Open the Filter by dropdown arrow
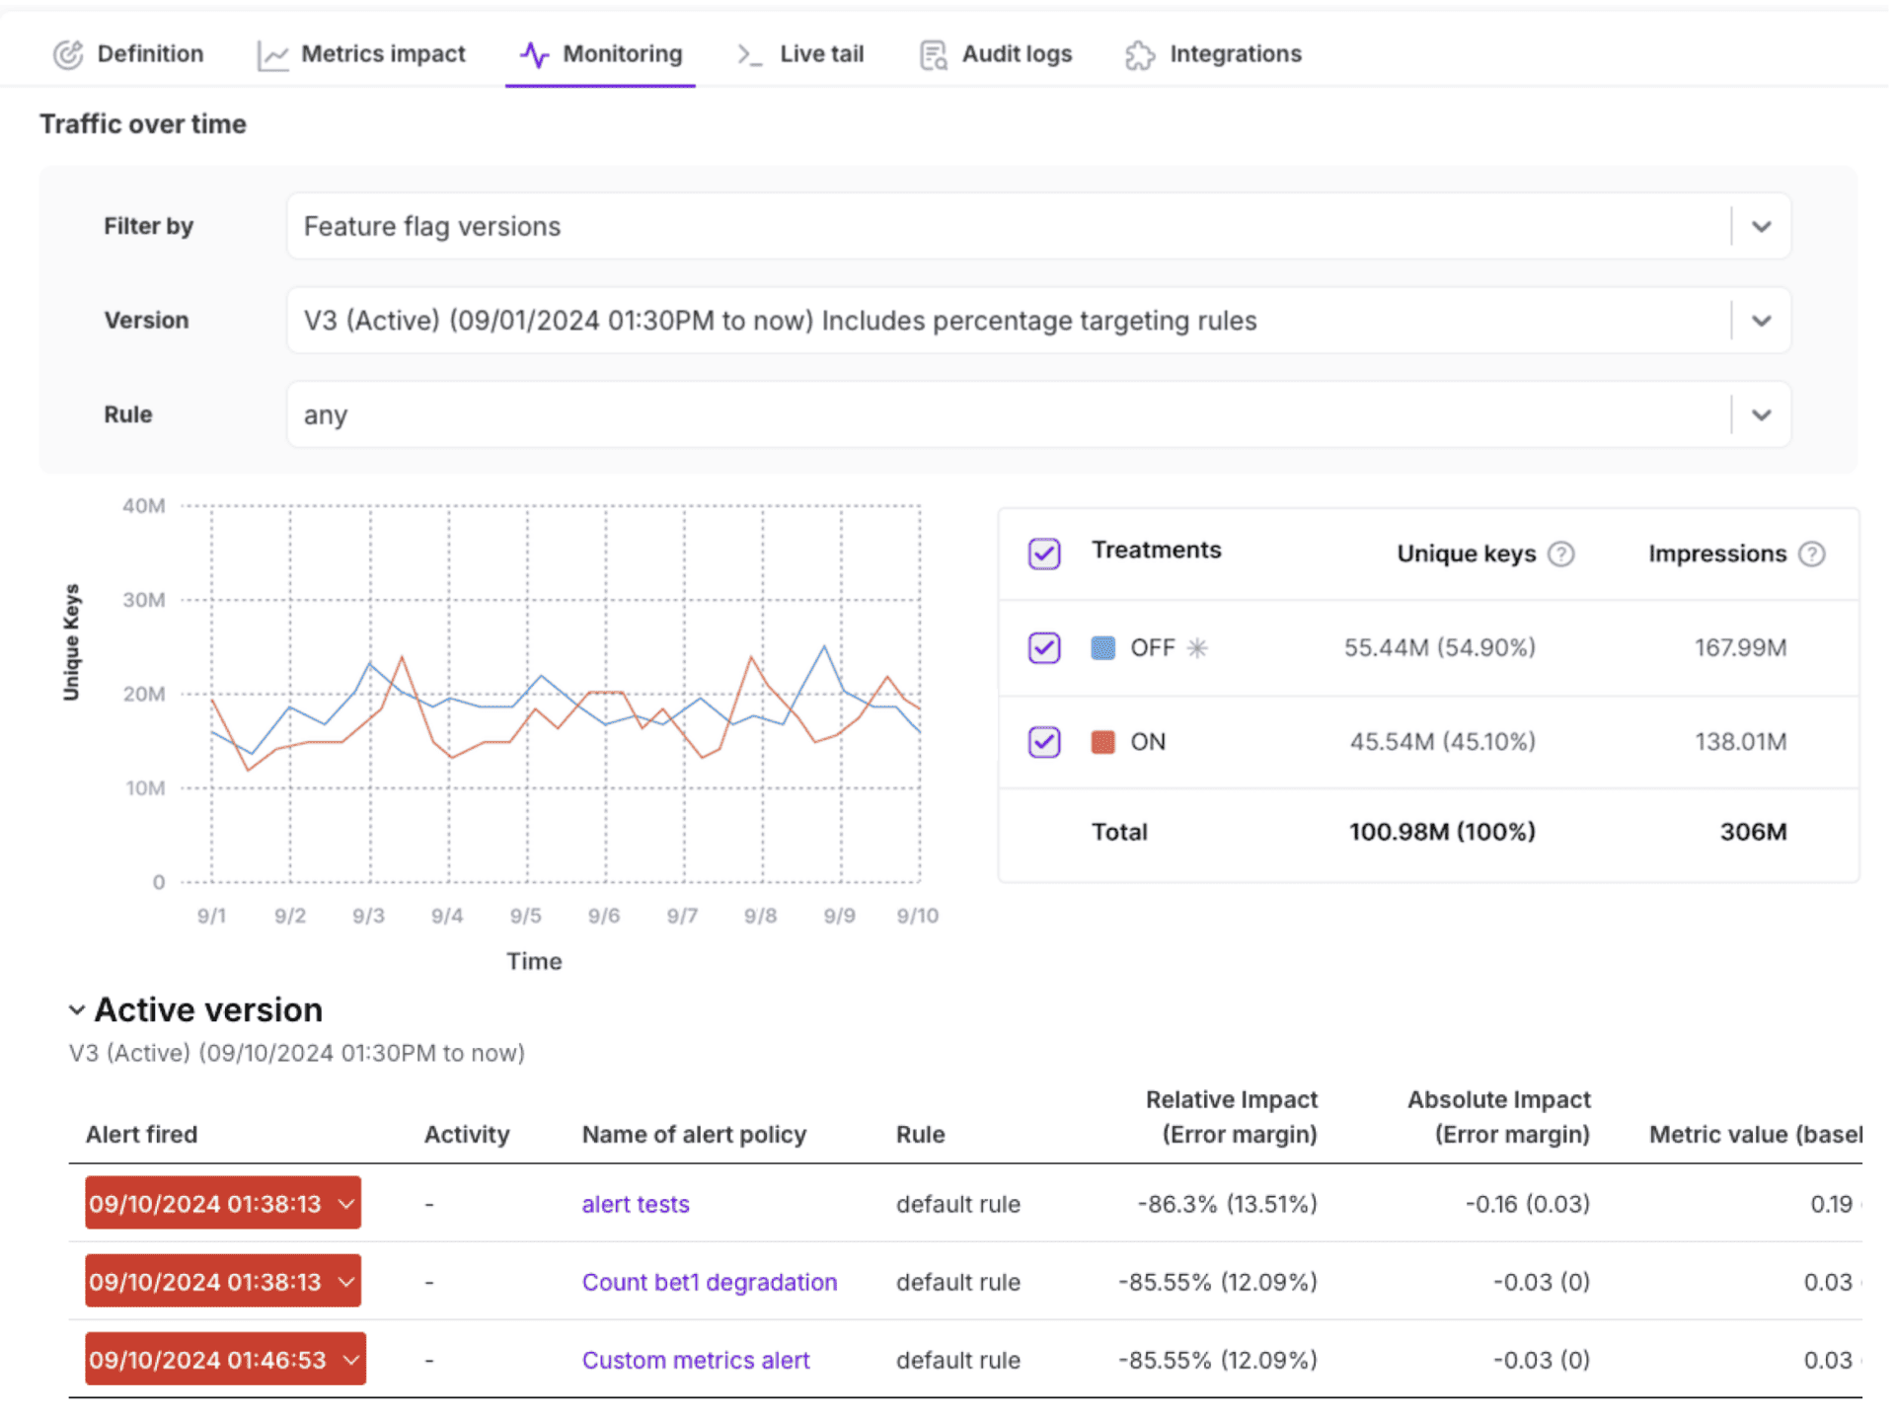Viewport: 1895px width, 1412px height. coord(1761,227)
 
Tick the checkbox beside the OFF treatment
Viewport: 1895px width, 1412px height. coord(1044,648)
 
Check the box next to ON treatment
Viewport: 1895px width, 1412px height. coord(1044,742)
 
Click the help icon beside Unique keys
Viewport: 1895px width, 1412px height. coord(1560,555)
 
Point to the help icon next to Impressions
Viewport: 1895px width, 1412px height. coord(1811,555)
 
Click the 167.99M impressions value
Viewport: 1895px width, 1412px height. coord(1740,648)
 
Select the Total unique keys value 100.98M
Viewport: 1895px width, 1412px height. coord(1441,832)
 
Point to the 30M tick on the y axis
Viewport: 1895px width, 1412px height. coord(144,600)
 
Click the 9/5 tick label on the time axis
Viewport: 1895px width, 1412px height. coord(525,916)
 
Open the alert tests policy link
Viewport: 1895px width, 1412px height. coord(636,1204)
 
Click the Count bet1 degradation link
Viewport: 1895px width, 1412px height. coord(709,1282)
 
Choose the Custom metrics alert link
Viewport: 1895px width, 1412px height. coord(695,1360)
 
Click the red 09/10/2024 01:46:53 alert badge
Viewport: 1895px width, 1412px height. coord(225,1360)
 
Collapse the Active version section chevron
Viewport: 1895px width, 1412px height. coord(77,1010)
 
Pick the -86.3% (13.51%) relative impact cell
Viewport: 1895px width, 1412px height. coord(1227,1204)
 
